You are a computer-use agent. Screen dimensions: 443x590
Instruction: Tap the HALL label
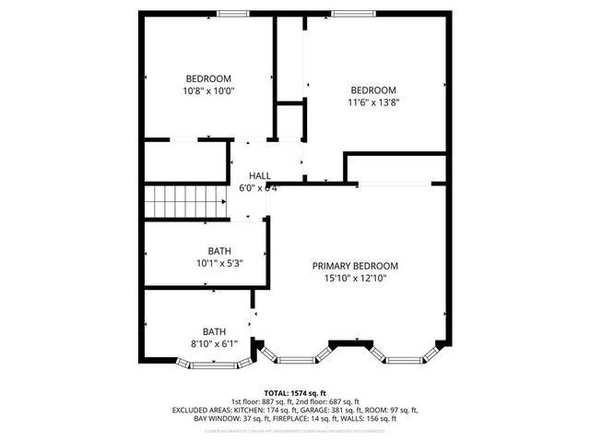(x=259, y=175)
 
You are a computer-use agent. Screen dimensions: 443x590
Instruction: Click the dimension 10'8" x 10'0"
(x=208, y=91)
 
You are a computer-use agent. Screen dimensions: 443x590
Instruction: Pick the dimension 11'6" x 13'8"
(x=372, y=102)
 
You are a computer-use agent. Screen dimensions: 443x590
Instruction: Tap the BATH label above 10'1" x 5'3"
(x=218, y=250)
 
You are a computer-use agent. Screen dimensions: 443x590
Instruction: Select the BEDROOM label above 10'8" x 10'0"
(x=208, y=78)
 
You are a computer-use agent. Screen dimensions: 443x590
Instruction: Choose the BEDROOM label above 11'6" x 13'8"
(x=372, y=90)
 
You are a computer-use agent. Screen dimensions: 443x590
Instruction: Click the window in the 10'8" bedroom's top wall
(x=231, y=12)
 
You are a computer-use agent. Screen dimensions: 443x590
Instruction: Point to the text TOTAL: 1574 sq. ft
(x=294, y=392)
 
